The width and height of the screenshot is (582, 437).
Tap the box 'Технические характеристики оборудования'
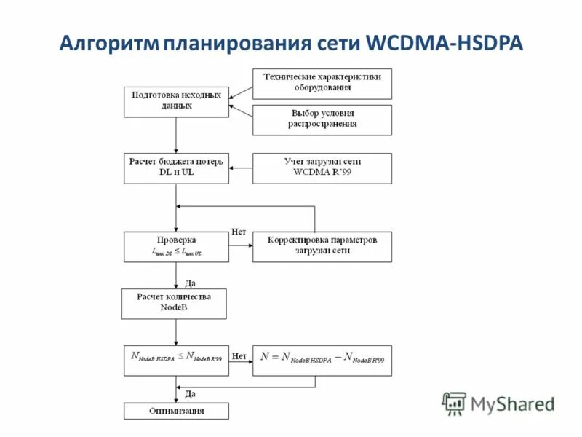(x=322, y=83)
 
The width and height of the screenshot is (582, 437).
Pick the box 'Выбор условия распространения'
(x=322, y=119)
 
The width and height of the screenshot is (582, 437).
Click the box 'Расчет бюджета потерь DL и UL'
(x=176, y=168)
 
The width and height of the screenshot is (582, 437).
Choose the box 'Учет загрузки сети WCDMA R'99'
(x=322, y=168)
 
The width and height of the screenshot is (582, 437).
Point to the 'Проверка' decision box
(x=176, y=246)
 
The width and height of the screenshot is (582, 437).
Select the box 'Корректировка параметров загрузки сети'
(x=322, y=246)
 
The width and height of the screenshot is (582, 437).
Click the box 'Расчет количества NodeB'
(x=174, y=303)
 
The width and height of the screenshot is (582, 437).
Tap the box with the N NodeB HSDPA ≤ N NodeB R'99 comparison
(x=176, y=360)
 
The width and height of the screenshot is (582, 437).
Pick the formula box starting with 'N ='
(x=322, y=360)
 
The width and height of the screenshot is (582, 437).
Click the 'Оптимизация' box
(x=176, y=412)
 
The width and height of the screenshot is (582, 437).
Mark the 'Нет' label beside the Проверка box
(x=239, y=232)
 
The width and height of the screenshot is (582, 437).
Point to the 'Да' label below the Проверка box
(x=190, y=283)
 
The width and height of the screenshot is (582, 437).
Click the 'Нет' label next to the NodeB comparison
(x=239, y=356)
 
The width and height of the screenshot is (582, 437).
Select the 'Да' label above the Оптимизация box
(x=190, y=394)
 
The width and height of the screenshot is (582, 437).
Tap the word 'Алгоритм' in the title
(x=108, y=43)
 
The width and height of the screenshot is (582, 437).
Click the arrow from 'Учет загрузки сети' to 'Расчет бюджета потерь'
(x=240, y=168)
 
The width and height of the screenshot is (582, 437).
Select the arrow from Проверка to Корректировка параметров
(x=240, y=247)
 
